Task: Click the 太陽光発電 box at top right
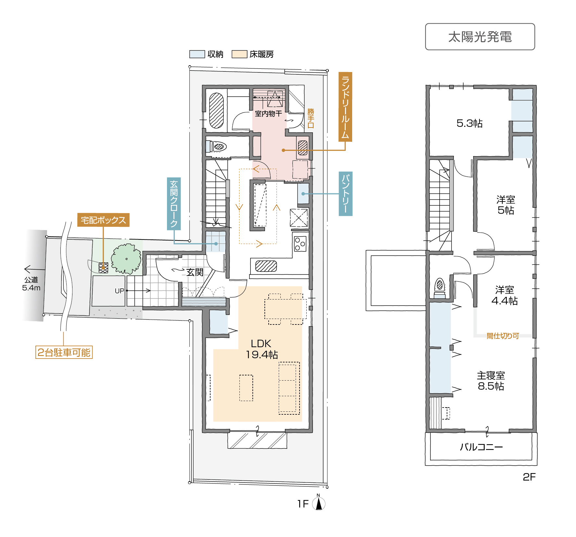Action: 480,37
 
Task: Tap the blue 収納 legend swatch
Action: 197,54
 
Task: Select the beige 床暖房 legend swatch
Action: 239,54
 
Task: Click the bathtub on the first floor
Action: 216,111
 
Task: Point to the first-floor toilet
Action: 217,146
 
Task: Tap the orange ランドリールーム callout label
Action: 345,107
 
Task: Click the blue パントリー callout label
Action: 346,194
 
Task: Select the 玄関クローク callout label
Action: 174,204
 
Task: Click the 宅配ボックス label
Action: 103,220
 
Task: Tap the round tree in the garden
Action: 126,259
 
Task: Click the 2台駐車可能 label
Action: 64,352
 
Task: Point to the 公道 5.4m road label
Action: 31,284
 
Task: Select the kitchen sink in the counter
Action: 266,266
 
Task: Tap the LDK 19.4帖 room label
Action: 262,349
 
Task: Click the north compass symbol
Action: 319,503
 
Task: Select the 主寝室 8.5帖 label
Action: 491,381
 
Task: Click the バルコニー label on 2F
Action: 481,447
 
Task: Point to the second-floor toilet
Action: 440,287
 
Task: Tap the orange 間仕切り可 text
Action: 503,336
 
